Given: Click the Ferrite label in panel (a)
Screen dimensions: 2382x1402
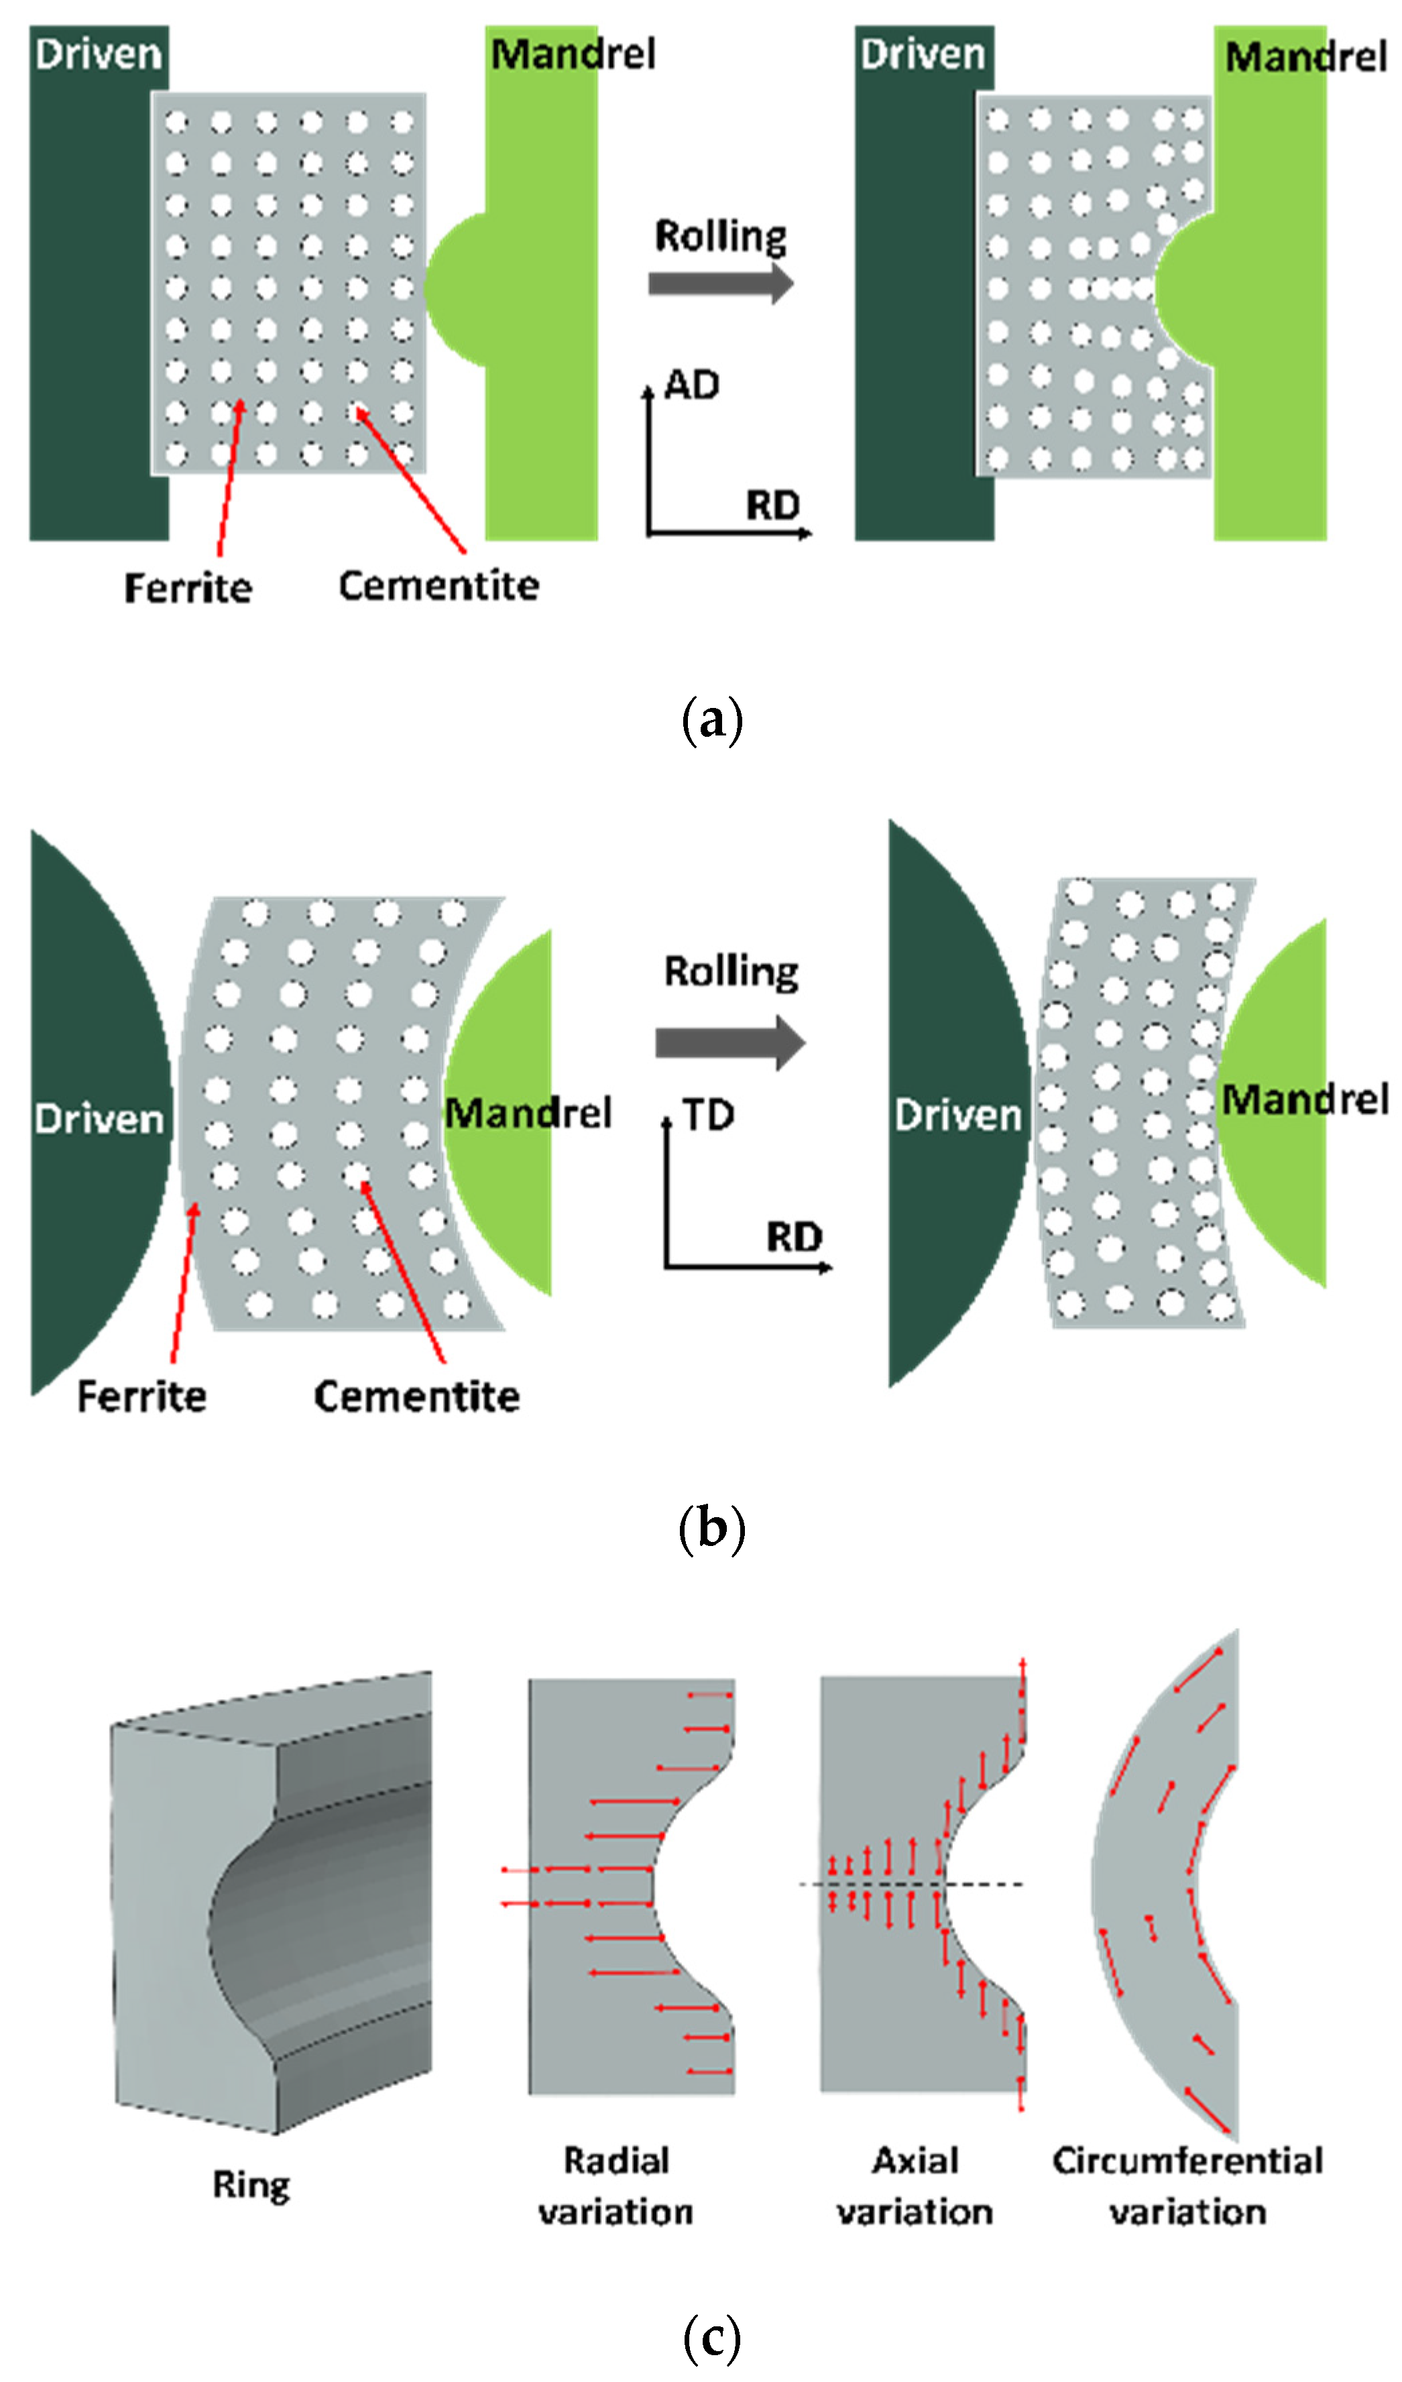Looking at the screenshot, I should [x=188, y=588].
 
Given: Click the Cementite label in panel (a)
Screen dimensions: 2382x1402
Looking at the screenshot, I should [x=439, y=586].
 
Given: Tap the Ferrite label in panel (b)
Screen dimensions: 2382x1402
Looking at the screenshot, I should [x=141, y=1396].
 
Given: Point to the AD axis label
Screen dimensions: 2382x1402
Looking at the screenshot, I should [x=692, y=385].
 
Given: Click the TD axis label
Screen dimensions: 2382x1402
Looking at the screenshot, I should [x=708, y=1116].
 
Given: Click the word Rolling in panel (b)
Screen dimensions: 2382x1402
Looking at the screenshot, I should [x=731, y=971].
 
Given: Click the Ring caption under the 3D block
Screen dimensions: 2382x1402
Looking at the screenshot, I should [x=251, y=2184].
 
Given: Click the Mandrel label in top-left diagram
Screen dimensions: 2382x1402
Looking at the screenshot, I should [x=573, y=54].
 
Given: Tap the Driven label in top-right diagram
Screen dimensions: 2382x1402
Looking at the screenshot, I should [x=923, y=54].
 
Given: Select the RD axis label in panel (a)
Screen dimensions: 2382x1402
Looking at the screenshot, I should [x=772, y=505].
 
